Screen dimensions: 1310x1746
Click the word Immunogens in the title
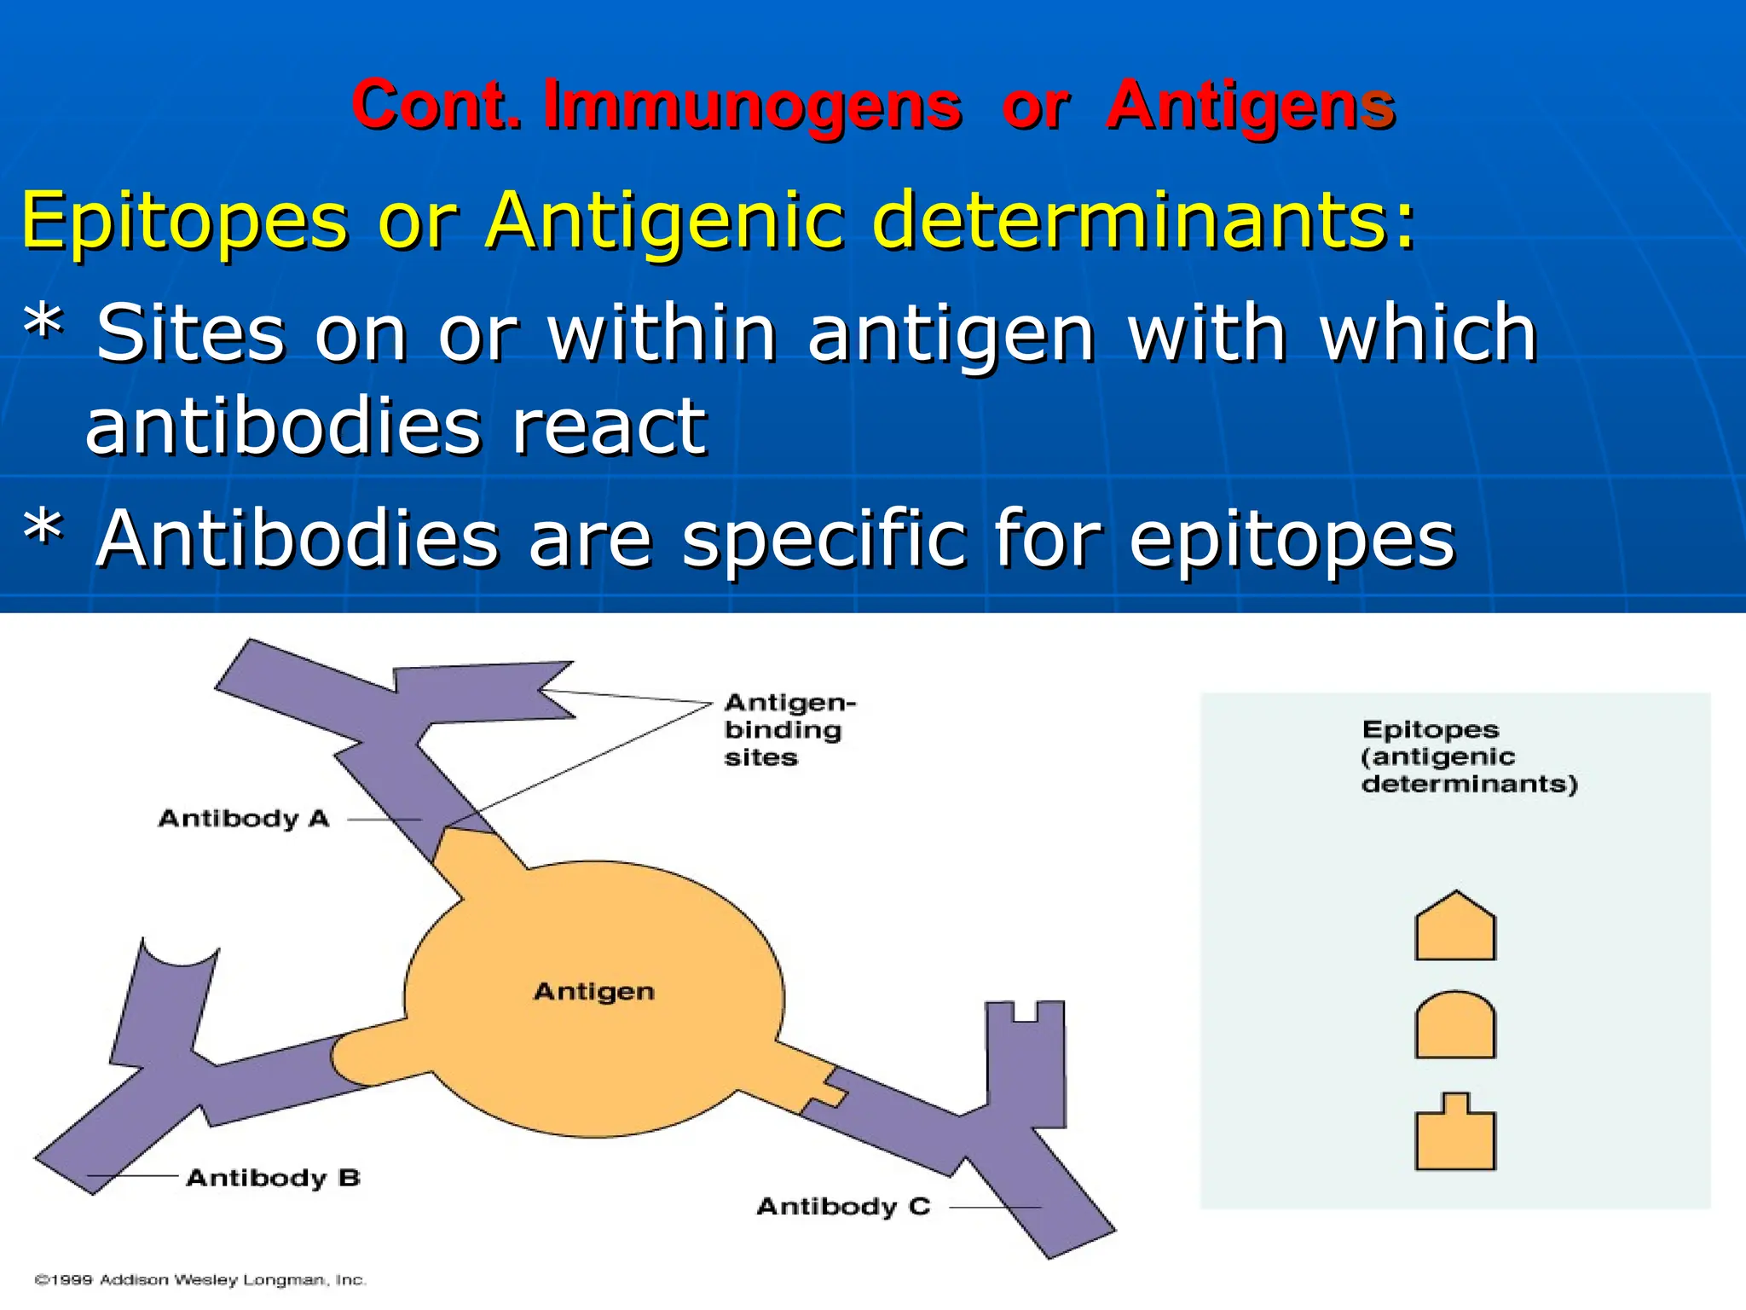click(754, 106)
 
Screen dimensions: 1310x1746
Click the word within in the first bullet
click(662, 333)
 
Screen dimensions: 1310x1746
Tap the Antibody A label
click(244, 819)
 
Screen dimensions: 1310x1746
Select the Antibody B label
click(273, 1178)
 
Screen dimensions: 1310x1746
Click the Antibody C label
click(843, 1207)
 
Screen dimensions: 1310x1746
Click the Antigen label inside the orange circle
click(594, 991)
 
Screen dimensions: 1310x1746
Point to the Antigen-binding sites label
click(789, 730)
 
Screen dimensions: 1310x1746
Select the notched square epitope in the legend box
click(1454, 1134)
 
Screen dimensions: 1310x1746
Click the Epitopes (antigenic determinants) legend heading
click(1468, 756)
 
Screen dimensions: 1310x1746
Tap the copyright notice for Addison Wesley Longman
click(200, 1280)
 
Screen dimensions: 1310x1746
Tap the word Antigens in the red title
click(1250, 106)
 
